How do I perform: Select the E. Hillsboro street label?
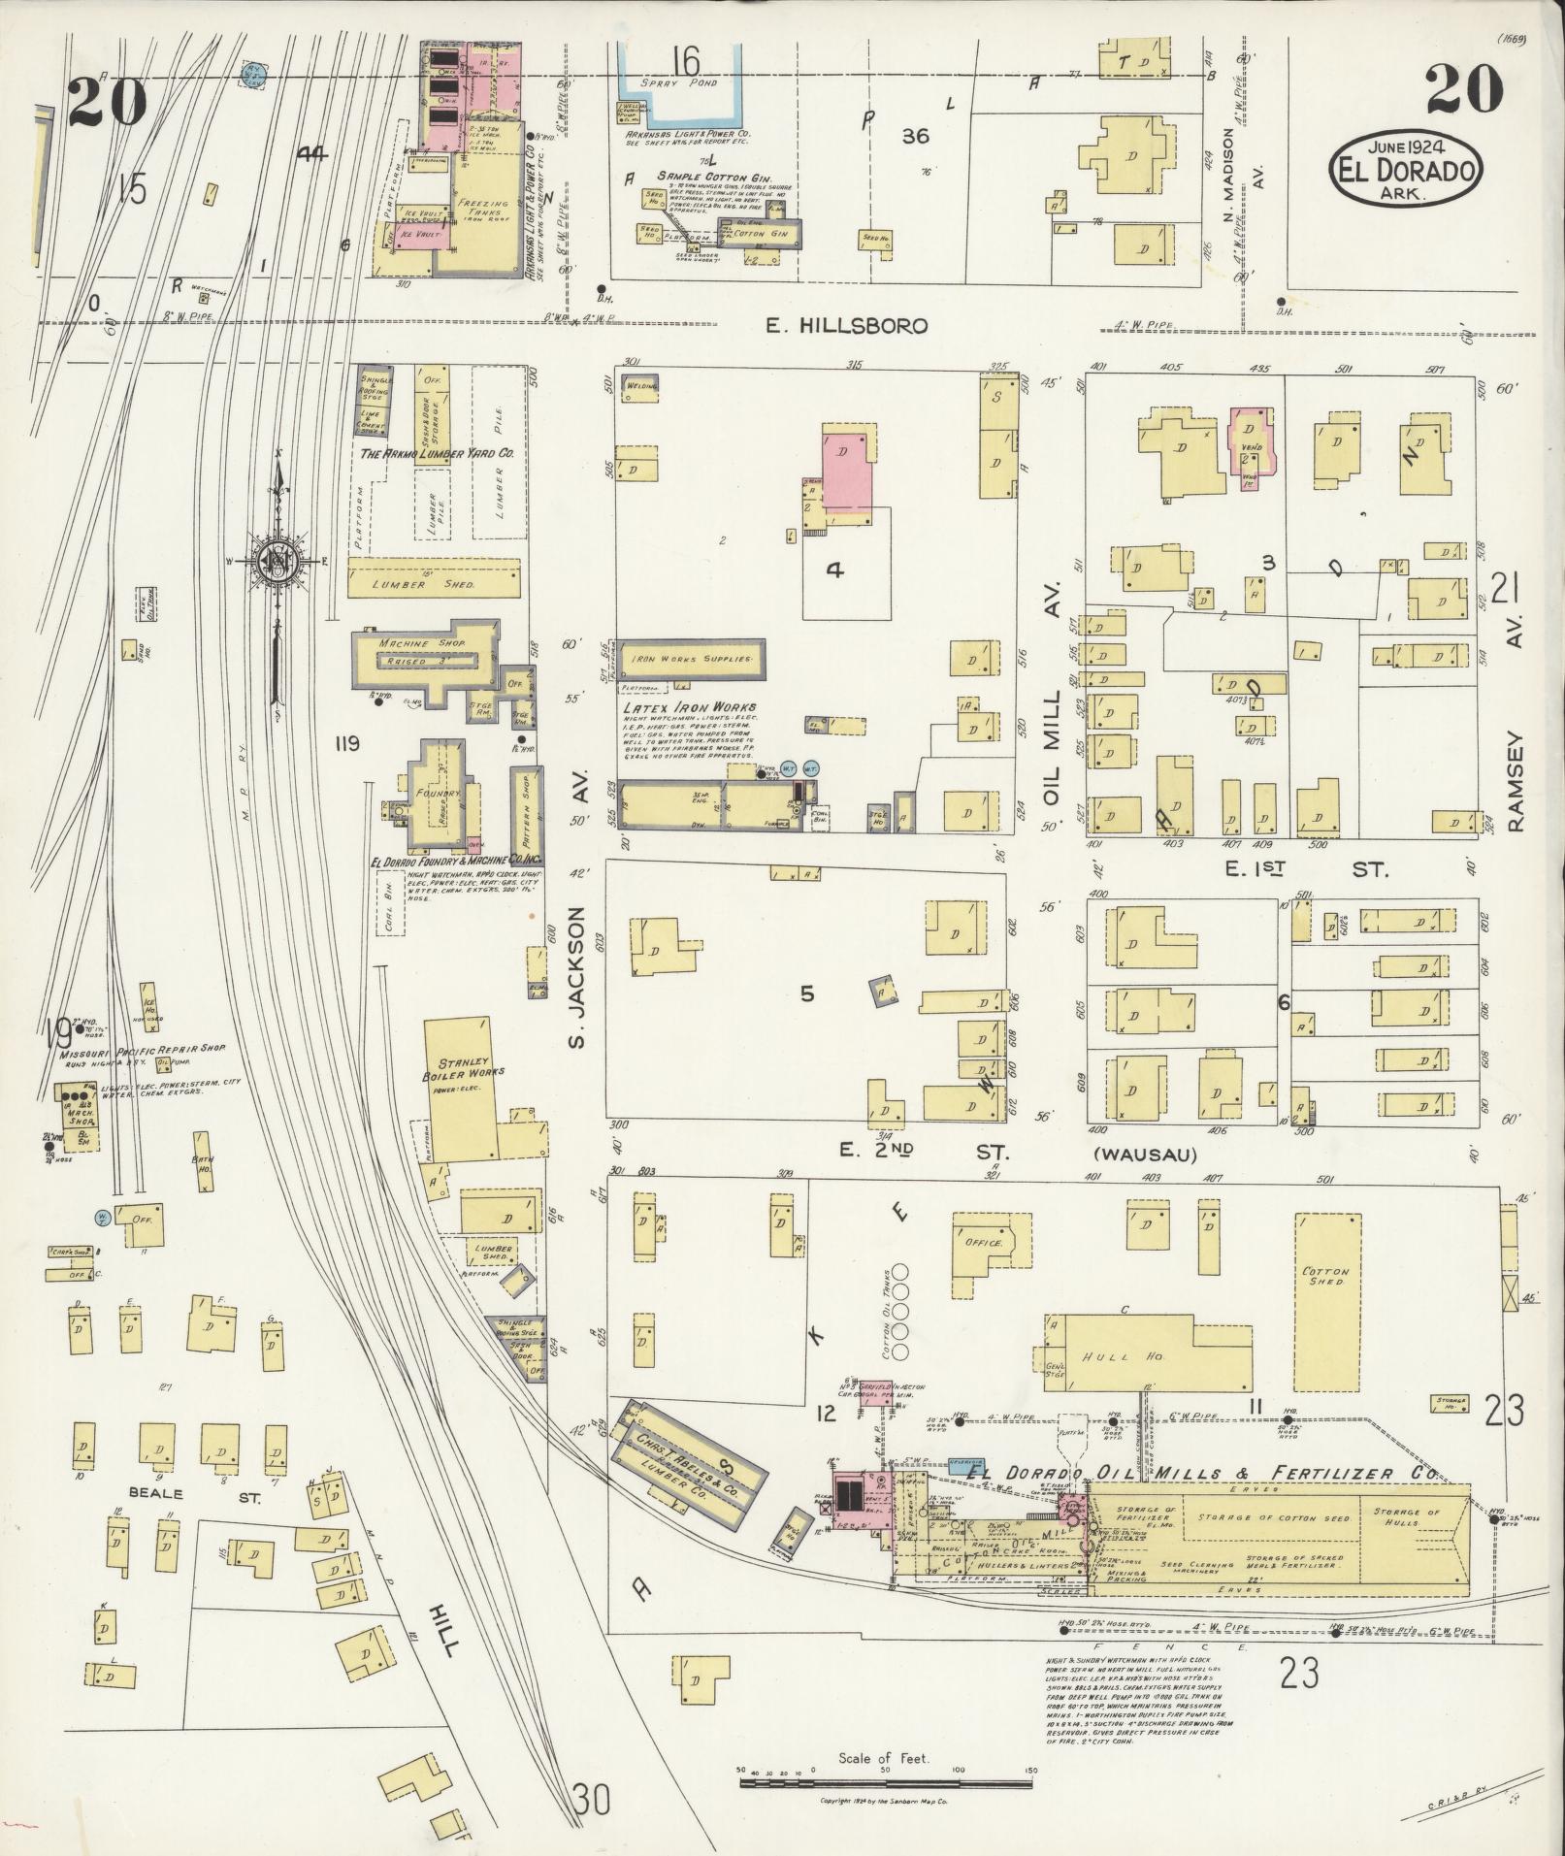tap(846, 327)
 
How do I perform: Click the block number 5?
tap(805, 995)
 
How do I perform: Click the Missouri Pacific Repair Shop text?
tap(143, 1051)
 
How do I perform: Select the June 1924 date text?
tap(1405, 147)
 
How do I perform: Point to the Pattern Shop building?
tap(526, 802)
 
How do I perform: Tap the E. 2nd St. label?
tap(924, 1153)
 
